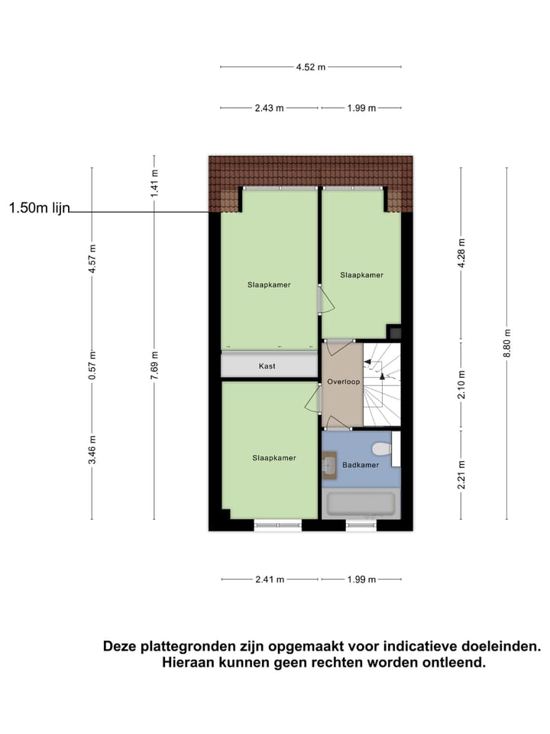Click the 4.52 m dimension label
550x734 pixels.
coord(311,67)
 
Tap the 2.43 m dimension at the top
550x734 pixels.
coord(270,108)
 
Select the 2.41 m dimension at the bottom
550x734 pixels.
coord(270,580)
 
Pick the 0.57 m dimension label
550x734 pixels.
coord(92,365)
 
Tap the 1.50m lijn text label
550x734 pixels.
coord(39,208)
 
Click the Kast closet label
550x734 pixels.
coord(267,366)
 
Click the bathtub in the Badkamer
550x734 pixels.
coord(361,505)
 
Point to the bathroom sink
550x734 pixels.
coord(329,464)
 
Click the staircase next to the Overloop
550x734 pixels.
coord(381,384)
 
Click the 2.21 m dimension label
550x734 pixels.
coord(461,474)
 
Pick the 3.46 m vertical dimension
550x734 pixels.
coord(92,450)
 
